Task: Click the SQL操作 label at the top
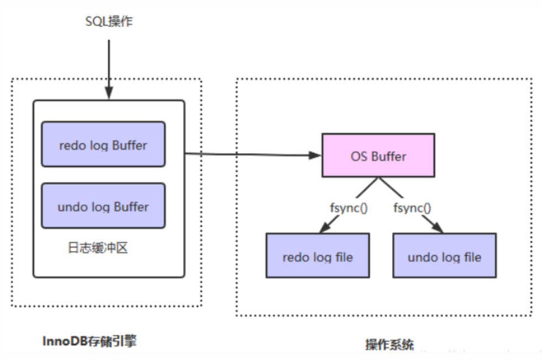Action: tap(109, 23)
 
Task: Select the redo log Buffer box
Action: tap(103, 144)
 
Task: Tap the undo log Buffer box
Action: tap(103, 206)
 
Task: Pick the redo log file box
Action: tap(317, 255)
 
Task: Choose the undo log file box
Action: tap(444, 255)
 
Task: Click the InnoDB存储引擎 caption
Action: tap(89, 341)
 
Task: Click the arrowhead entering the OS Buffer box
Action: tap(317, 155)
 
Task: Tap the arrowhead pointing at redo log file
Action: tap(324, 228)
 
